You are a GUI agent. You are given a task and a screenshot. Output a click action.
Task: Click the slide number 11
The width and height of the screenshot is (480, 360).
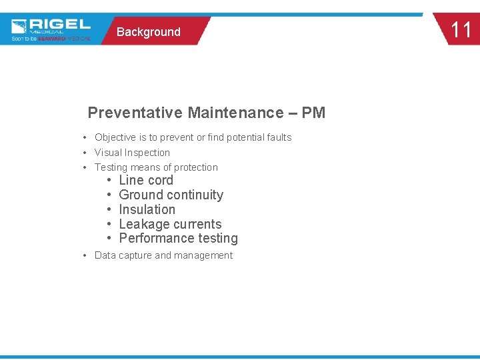pyautogui.click(x=461, y=30)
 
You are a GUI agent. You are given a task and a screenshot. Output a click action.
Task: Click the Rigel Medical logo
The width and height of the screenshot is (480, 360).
pyautogui.click(x=51, y=29)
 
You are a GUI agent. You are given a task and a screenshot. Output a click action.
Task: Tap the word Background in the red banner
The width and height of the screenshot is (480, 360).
pyautogui.click(x=148, y=32)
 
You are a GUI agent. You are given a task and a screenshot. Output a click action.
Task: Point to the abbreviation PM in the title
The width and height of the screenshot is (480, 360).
pyautogui.click(x=313, y=113)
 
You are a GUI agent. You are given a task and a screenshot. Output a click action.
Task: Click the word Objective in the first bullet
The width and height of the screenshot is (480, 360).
pyautogui.click(x=115, y=137)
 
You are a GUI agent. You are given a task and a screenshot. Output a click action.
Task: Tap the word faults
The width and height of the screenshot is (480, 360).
pyautogui.click(x=277, y=137)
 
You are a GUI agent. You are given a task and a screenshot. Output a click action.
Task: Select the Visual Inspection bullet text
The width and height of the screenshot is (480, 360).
pyautogui.click(x=132, y=153)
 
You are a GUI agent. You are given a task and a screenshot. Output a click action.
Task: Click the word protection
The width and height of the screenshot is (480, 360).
pyautogui.click(x=196, y=167)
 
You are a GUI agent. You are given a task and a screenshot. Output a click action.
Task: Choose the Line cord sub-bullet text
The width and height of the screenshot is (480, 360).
pyautogui.click(x=146, y=181)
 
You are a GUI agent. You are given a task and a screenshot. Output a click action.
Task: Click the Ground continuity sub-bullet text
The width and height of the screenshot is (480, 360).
pyautogui.click(x=171, y=195)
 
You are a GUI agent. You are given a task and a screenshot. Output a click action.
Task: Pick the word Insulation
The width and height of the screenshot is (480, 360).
pyautogui.click(x=147, y=210)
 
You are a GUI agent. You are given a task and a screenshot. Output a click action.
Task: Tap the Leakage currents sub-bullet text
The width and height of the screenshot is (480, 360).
pyautogui.click(x=170, y=225)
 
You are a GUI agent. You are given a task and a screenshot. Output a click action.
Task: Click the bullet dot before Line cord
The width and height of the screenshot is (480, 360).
pyautogui.click(x=109, y=181)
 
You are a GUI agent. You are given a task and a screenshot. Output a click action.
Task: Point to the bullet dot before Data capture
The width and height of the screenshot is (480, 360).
pyautogui.click(x=85, y=256)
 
